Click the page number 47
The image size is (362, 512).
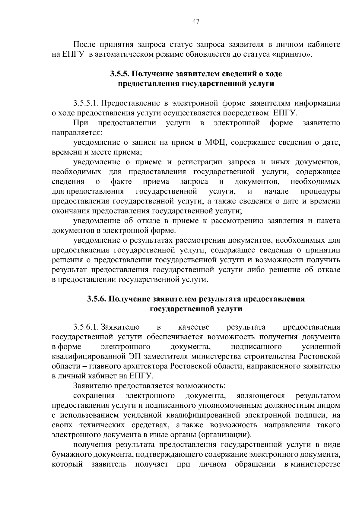[x=196, y=21]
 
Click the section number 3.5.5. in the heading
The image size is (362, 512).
[x=120, y=74]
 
